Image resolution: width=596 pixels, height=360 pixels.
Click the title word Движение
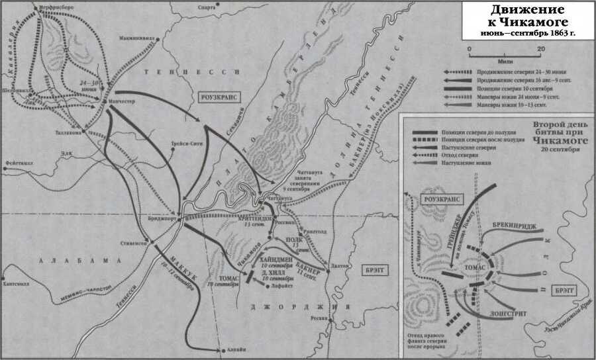527,10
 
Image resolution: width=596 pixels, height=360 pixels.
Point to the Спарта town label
207,8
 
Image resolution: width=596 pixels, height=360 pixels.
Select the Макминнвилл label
136,38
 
